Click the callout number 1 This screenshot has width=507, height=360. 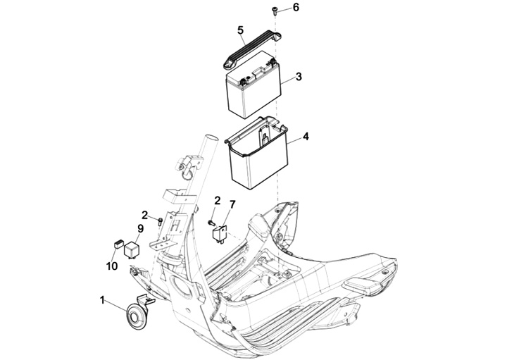(x=102, y=301)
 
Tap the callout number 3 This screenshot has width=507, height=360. (x=299, y=77)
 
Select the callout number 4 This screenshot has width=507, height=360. (x=306, y=137)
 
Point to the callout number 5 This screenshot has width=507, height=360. (x=240, y=30)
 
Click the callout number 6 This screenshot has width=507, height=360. (x=296, y=7)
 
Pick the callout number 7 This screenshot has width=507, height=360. (x=232, y=205)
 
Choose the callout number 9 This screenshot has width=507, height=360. (x=140, y=229)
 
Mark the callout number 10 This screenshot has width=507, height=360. (x=112, y=266)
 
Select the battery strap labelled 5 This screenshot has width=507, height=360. (x=252, y=49)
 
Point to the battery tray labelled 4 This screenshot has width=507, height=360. (x=256, y=153)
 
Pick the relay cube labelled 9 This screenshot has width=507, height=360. (x=132, y=249)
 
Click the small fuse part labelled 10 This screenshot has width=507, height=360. (x=118, y=244)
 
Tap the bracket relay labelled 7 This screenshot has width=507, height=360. (x=219, y=233)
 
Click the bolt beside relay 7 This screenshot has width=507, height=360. (x=211, y=223)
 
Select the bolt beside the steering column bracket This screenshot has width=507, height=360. (x=159, y=221)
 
